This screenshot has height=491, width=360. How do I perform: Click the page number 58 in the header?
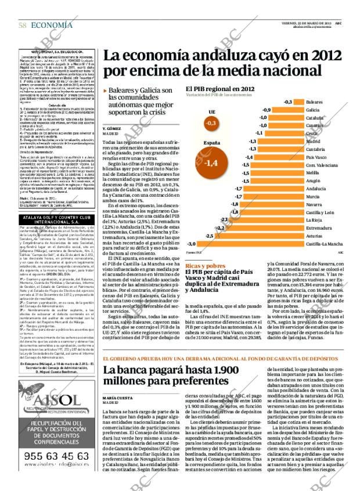[21, 25]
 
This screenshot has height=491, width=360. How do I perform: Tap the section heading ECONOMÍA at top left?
[49, 25]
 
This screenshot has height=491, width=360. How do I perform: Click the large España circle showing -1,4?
[211, 163]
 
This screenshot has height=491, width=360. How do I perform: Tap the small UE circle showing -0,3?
[211, 124]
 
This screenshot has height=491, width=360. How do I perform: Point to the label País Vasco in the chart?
[316, 157]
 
